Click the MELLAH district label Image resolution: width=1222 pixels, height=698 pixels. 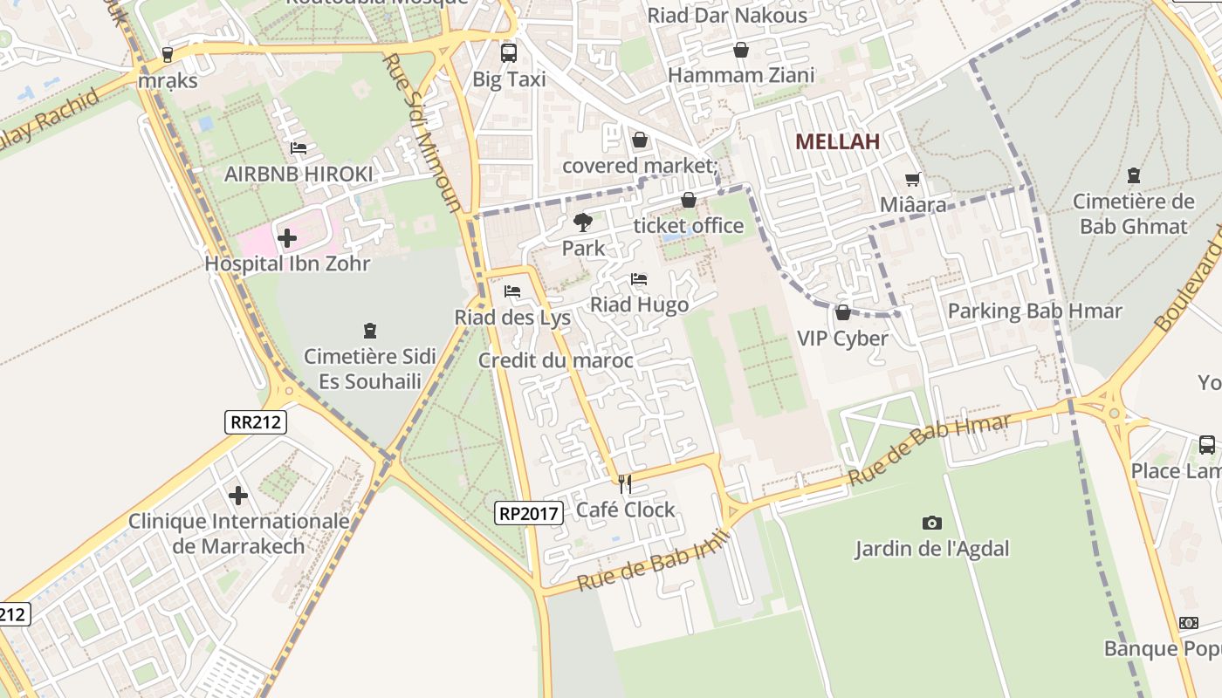(837, 141)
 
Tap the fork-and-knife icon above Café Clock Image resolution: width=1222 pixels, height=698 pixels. (624, 483)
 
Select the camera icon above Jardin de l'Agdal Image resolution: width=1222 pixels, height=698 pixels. (932, 523)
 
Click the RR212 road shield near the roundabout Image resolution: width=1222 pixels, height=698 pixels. (255, 422)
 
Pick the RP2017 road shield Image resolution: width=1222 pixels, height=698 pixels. (527, 513)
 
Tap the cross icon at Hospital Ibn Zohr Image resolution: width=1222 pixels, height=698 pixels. (287, 237)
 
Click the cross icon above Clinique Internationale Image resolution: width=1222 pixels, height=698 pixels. (238, 496)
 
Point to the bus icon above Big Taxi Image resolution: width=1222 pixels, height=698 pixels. (509, 53)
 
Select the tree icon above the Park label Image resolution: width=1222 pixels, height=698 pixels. (582, 222)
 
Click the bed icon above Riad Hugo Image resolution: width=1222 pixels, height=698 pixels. (639, 279)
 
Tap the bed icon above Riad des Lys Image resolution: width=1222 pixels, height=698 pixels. (512, 291)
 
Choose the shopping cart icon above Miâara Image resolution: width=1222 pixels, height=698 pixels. (913, 179)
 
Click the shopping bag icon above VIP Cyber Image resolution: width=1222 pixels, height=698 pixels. (842, 312)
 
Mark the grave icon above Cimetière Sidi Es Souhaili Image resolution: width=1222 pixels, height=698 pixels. (370, 331)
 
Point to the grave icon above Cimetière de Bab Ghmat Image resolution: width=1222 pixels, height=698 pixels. (1133, 175)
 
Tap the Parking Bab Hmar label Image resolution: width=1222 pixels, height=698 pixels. (1034, 311)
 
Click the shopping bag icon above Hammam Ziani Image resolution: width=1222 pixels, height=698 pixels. (740, 50)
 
